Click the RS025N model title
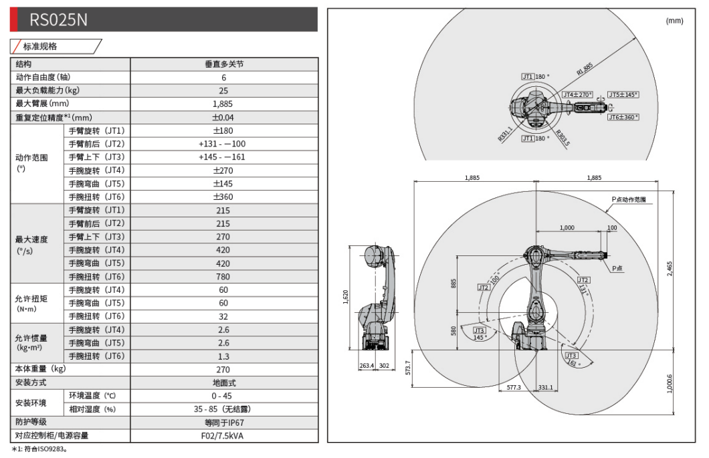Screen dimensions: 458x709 pos(58,20)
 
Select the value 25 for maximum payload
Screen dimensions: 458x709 pos(223,91)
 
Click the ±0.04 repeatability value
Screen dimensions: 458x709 pos(223,118)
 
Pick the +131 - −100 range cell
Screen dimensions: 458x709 pos(223,144)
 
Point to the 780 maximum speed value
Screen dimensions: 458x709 pos(223,277)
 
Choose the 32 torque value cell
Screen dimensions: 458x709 pos(223,316)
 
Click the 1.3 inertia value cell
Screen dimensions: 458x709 pos(223,356)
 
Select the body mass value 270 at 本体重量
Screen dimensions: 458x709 pos(223,369)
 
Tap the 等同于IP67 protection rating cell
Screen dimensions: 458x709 pos(223,423)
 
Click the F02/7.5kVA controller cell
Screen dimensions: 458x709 pos(223,436)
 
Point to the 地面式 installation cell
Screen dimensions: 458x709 pos(223,383)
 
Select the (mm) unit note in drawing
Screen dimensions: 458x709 pos(674,21)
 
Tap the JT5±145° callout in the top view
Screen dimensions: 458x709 pos(623,95)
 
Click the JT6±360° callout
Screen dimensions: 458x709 pos(623,118)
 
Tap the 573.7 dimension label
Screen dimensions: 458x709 pos(408,369)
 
